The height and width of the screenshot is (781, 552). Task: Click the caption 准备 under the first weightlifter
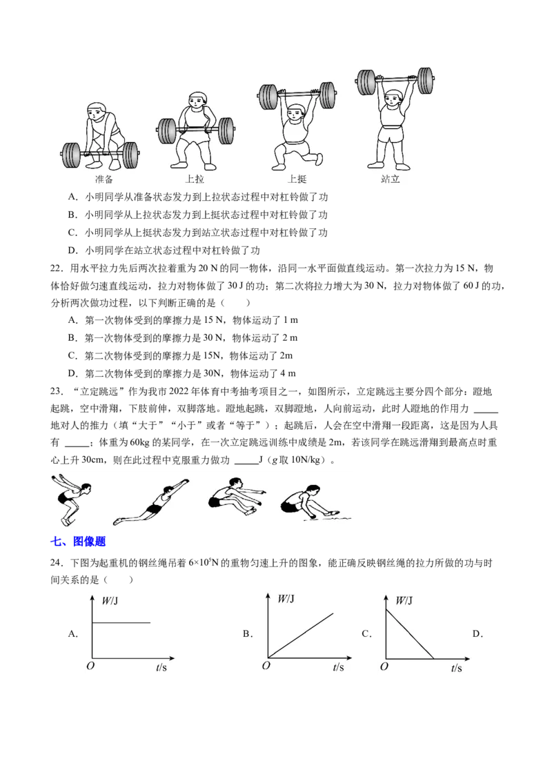pyautogui.click(x=104, y=179)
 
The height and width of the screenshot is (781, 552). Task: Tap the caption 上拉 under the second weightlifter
pyautogui.click(x=195, y=179)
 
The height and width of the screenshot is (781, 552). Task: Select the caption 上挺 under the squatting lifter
pyautogui.click(x=297, y=179)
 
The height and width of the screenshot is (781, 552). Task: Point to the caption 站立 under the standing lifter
pyautogui.click(x=390, y=179)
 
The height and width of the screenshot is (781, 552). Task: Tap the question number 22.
pyautogui.click(x=57, y=268)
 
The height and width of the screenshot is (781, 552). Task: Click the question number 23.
pyautogui.click(x=57, y=391)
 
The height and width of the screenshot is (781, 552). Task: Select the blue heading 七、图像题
pyautogui.click(x=78, y=542)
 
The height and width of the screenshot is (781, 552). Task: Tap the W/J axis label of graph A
pyautogui.click(x=110, y=601)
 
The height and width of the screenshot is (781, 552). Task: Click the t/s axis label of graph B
pyautogui.click(x=338, y=667)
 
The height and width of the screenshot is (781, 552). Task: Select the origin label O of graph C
pyautogui.click(x=384, y=666)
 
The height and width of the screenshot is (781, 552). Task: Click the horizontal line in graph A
pyautogui.click(x=121, y=622)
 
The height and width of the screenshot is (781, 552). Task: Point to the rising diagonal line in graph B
pyautogui.click(x=301, y=635)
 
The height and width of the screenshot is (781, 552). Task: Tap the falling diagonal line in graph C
pyautogui.click(x=410, y=633)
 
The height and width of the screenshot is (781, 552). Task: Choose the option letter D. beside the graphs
pyautogui.click(x=477, y=634)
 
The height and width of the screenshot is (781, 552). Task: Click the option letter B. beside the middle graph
pyautogui.click(x=248, y=634)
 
